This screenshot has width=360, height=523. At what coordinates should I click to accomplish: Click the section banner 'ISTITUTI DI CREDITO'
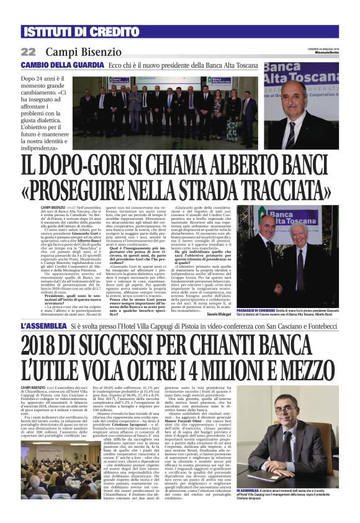(x=71, y=32)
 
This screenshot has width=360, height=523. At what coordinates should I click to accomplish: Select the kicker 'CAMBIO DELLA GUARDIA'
(x=62, y=65)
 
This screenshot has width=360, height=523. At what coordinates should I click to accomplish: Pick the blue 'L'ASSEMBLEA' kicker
(x=44, y=326)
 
